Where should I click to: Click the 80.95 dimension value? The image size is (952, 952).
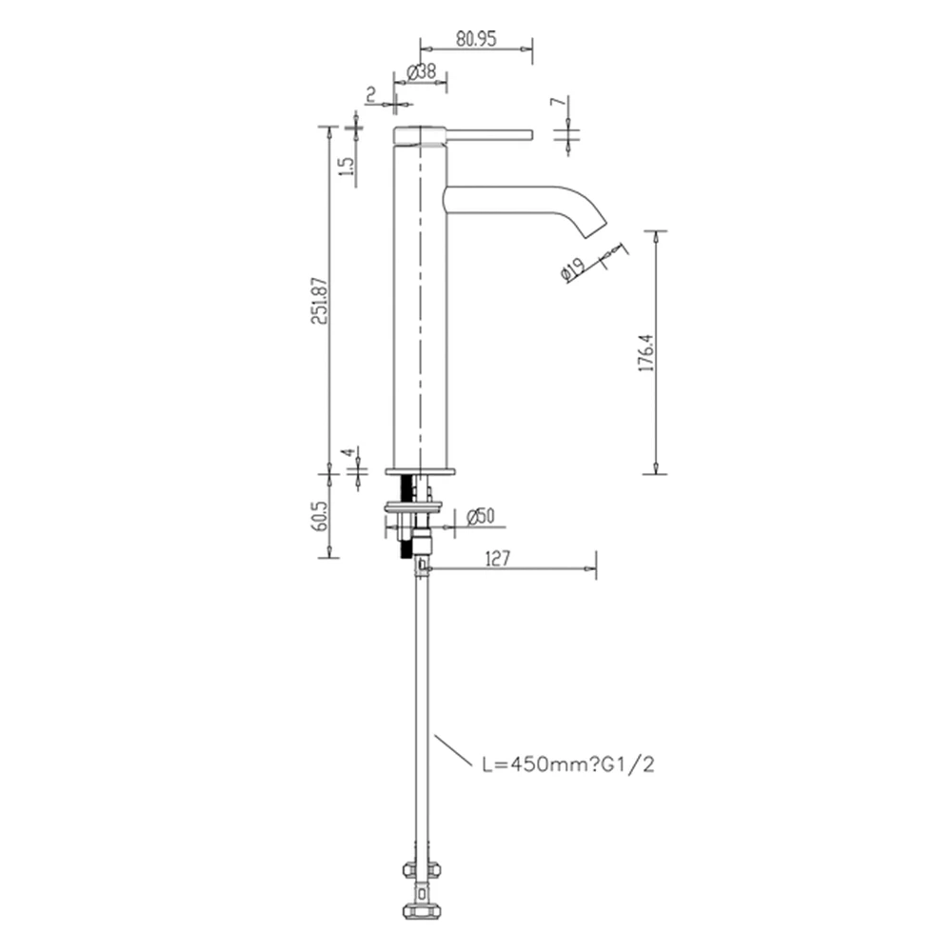click(477, 40)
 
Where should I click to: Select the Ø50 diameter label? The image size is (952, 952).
click(481, 516)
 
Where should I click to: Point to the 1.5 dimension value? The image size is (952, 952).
click(347, 165)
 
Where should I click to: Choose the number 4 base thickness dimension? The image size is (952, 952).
click(348, 452)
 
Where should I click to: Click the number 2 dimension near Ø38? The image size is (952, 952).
click(369, 93)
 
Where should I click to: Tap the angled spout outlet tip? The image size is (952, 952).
click(591, 228)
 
